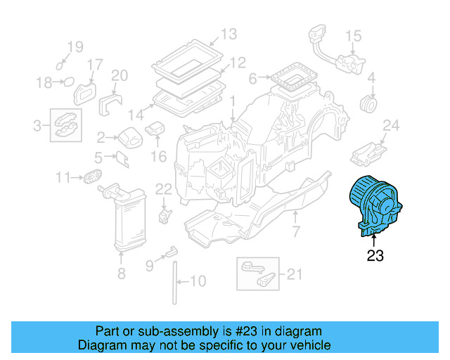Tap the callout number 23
(x=375, y=257)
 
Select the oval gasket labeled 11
(x=92, y=176)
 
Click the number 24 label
(x=391, y=126)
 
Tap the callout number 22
(x=163, y=188)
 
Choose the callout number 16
(x=158, y=155)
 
